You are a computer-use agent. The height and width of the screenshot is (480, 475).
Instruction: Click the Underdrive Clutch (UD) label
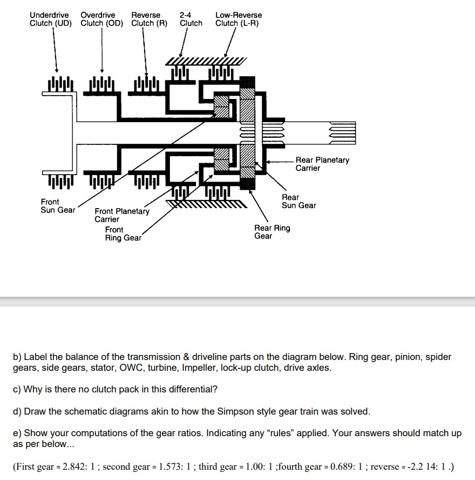(x=50, y=19)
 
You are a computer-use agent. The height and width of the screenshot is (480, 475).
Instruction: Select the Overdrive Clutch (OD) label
(x=101, y=19)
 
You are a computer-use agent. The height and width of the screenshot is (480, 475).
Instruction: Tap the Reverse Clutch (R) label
(x=149, y=19)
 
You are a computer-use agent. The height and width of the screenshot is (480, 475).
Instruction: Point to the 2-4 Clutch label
(x=191, y=19)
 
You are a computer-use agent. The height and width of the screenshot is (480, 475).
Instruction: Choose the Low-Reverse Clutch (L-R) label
(x=238, y=19)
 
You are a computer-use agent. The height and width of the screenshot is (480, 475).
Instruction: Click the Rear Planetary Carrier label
(x=322, y=164)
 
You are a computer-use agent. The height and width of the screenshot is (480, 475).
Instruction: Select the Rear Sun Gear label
(x=298, y=201)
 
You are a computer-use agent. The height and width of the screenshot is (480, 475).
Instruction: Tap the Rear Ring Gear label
(x=272, y=232)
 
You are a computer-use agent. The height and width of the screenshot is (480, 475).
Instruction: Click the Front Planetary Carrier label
(x=121, y=215)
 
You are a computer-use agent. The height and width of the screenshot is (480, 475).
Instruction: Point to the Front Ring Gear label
(x=123, y=234)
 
